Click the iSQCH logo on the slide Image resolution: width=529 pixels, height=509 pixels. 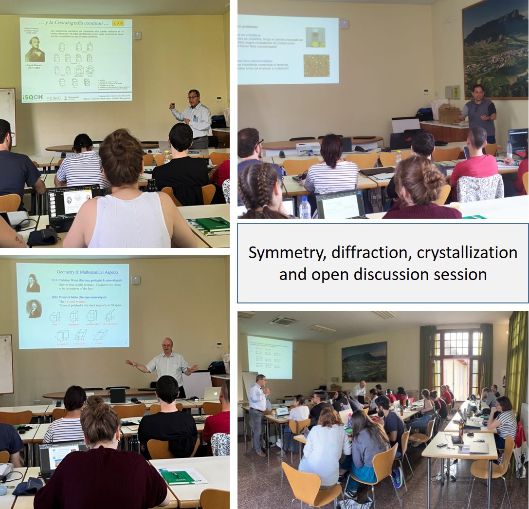pos(32,97)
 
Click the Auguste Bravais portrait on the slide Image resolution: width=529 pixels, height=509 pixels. pos(35,51)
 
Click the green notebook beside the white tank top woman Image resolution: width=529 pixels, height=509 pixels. pos(212,224)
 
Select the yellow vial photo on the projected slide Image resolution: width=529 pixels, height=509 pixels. pos(315,38)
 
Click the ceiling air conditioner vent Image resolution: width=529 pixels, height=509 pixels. pos(283,320)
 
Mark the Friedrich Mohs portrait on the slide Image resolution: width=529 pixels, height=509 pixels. pos(34,309)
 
